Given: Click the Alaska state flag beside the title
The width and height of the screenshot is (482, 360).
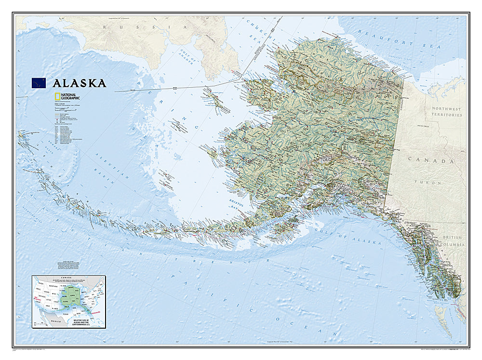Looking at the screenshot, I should click(38, 83).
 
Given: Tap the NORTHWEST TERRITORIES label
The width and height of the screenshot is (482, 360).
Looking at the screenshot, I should click(447, 112).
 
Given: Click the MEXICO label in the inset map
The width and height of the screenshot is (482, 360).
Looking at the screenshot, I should click(56, 321).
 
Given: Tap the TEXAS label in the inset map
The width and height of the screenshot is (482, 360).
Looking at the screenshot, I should click(66, 314).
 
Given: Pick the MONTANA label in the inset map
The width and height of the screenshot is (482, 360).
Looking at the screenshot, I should click(53, 286).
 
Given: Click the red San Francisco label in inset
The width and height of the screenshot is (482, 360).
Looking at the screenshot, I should click(38, 299).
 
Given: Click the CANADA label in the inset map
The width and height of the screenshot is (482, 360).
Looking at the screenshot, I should click(66, 278).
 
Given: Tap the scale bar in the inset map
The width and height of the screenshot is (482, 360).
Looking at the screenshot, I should click(41, 323).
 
